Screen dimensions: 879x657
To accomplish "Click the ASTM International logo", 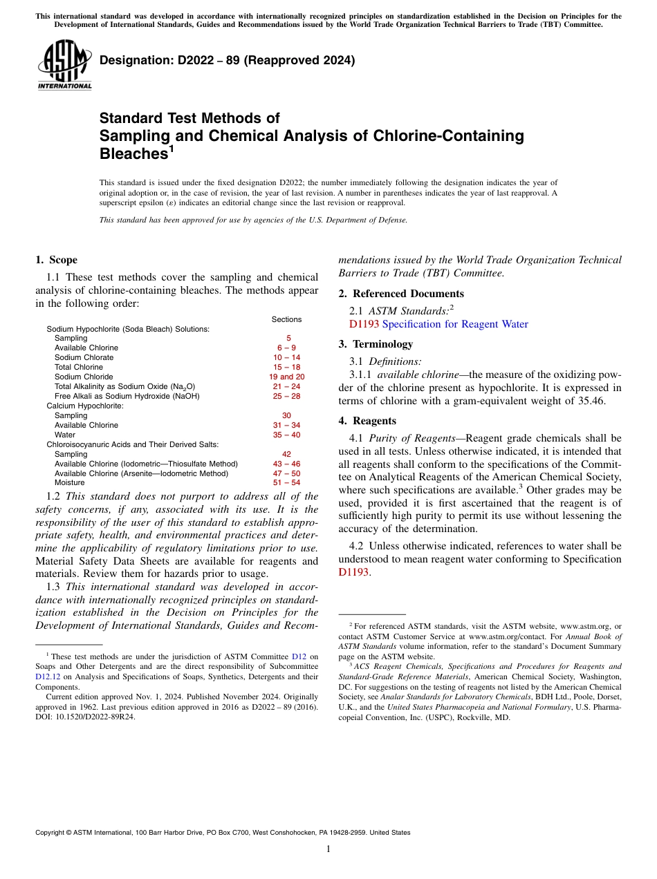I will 64,65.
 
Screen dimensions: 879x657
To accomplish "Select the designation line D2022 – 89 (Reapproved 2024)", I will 227,61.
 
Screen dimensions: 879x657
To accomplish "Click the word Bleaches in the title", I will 133,153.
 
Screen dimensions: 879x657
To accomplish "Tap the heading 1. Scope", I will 56,260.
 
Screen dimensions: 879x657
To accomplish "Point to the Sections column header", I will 286,319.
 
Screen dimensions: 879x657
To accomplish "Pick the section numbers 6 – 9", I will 286,348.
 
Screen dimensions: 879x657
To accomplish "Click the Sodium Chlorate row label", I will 84,357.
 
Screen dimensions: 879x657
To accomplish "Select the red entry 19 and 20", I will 286,377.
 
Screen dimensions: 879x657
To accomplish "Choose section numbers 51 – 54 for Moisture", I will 286,483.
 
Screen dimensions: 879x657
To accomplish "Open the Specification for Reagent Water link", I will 455,324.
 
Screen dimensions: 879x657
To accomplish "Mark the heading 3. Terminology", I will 376,344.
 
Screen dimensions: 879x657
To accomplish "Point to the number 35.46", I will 591,401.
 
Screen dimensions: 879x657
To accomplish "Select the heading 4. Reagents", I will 367,421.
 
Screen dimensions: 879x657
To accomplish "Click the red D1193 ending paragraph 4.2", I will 353,572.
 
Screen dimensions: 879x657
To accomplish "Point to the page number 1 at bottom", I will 328,849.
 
